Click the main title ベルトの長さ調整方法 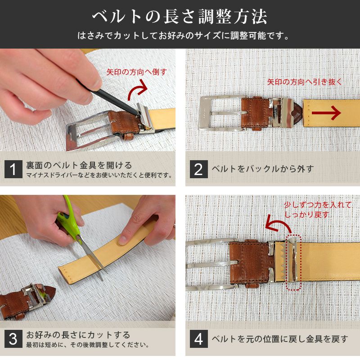point(180,17)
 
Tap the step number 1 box point(13,169)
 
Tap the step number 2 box point(198,169)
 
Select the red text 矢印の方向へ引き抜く point(305,82)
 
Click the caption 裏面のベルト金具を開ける point(79,165)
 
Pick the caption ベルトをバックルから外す point(262,169)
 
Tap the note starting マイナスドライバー point(99,175)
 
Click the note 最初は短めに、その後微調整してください point(87,345)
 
